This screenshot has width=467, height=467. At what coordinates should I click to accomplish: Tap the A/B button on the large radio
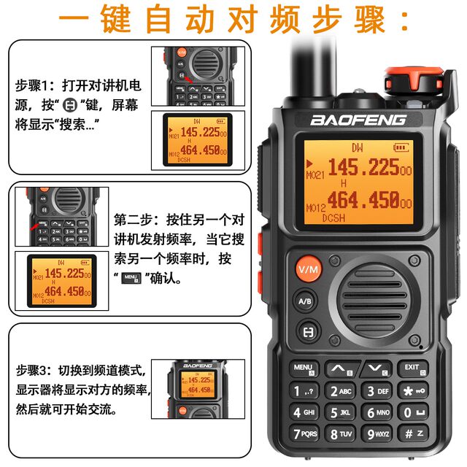[x=305, y=300]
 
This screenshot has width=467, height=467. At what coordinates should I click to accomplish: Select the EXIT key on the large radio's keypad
[x=412, y=369]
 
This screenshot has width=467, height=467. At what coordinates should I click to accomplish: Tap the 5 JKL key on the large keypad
[x=341, y=412]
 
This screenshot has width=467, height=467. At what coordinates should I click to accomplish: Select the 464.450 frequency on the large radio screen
[x=363, y=199]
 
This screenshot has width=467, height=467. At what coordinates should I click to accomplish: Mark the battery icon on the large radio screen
[x=402, y=147]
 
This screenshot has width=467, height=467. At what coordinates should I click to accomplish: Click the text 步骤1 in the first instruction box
[x=31, y=85]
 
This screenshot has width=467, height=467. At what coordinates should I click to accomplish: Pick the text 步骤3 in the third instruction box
[x=31, y=370]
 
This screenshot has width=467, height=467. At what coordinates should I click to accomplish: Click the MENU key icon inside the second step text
[x=131, y=278]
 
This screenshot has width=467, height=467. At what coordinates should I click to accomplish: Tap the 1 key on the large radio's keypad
[x=304, y=391]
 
